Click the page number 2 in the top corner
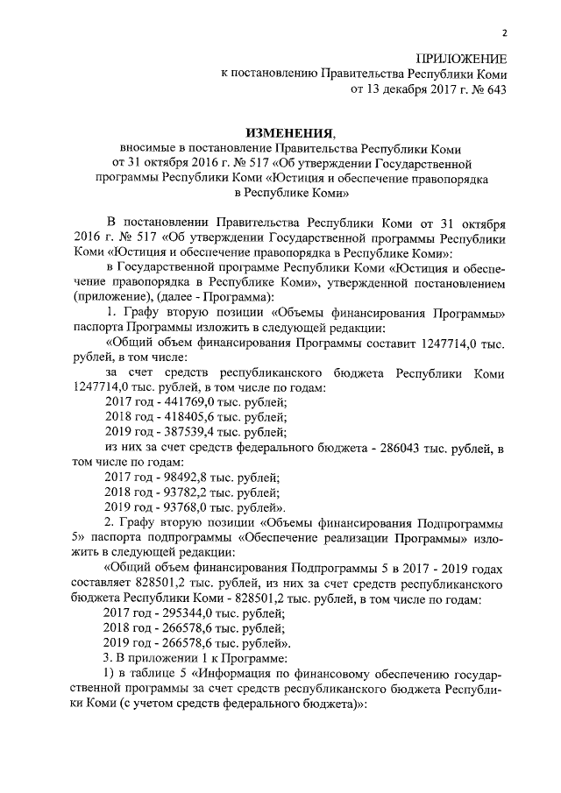pos(505,33)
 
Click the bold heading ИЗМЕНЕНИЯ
pos(289,132)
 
